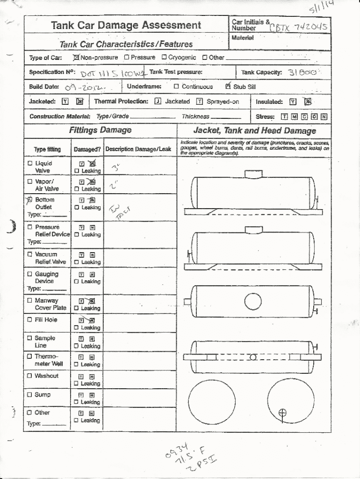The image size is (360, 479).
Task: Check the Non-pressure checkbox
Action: point(76,58)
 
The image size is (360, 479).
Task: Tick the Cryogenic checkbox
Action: point(164,58)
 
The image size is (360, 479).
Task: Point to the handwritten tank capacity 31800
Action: point(303,73)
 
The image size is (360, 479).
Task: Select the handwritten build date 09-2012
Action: point(85,87)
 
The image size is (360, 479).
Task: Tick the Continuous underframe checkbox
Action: point(176,87)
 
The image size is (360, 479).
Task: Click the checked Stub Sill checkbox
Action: point(228,86)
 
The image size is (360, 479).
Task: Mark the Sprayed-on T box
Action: point(200,102)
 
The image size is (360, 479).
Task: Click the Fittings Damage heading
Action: point(100,131)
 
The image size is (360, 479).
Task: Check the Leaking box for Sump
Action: point(76,402)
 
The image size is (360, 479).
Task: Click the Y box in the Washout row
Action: point(81,376)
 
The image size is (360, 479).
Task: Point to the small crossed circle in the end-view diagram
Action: point(282,413)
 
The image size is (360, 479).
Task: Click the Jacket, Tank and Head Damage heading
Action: point(254,131)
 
